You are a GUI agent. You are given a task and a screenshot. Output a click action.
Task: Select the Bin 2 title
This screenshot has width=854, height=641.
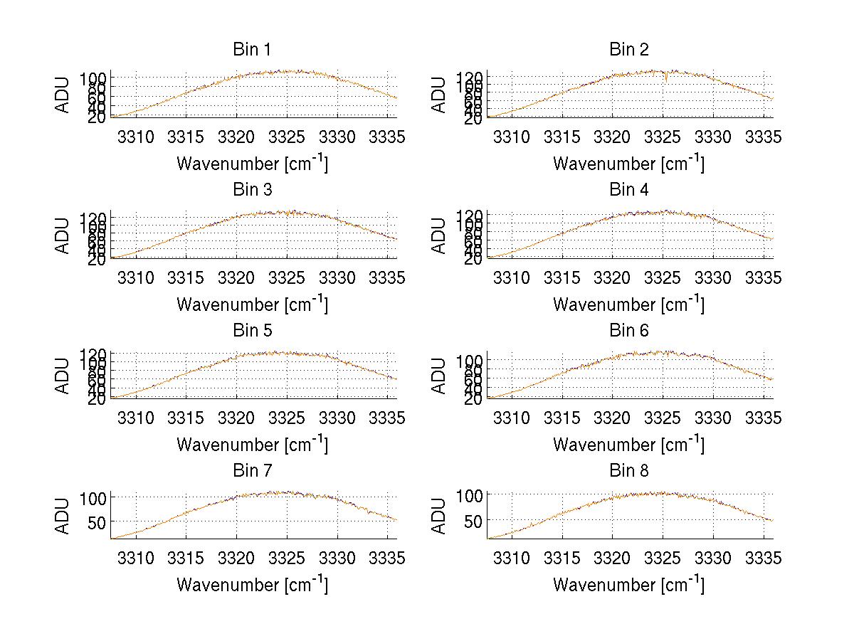point(629,50)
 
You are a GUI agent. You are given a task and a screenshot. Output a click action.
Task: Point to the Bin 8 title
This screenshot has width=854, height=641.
point(629,471)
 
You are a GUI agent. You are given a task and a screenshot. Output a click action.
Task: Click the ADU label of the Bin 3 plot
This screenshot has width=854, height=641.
point(63,235)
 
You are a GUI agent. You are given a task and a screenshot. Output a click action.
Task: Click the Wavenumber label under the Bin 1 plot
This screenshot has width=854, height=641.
point(252,164)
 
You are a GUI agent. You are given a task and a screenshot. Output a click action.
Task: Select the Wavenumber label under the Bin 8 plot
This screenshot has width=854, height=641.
point(628,585)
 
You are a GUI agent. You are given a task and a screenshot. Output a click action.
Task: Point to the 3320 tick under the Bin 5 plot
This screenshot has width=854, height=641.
point(236,417)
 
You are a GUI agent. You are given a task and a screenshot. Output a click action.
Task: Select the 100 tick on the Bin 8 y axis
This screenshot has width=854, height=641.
point(470,494)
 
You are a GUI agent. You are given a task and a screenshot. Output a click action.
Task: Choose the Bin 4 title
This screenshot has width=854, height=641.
point(629,190)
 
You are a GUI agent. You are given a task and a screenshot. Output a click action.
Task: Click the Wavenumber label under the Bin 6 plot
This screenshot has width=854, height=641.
point(628,445)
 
